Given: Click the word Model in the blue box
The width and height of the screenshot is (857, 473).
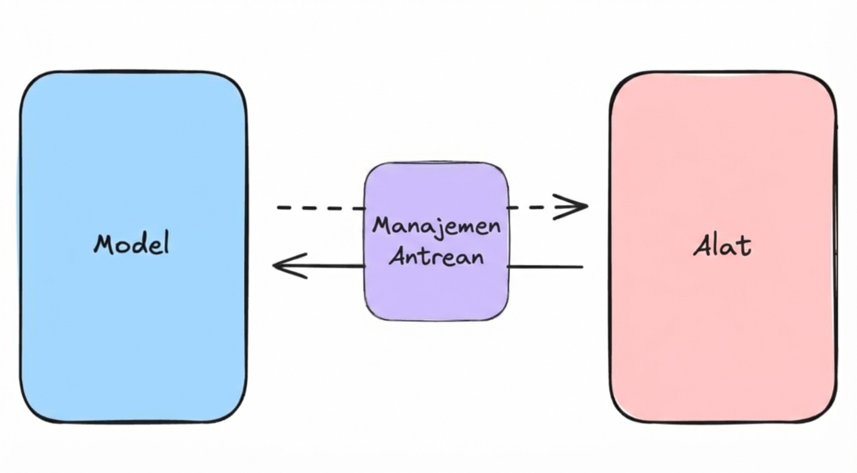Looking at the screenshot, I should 131,244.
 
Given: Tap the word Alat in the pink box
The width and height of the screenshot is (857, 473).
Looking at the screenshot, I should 722,246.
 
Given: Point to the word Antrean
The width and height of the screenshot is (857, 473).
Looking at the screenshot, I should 437,255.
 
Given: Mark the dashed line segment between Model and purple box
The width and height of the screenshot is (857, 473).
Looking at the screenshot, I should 320,208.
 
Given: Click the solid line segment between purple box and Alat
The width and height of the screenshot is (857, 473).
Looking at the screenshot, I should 545,267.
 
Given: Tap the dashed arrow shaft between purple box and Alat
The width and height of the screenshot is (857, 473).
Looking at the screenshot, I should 529,208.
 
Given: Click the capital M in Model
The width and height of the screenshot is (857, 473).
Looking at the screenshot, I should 105,245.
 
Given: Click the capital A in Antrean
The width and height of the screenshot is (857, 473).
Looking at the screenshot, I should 398,255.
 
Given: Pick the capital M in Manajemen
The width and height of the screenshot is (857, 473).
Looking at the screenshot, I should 381,227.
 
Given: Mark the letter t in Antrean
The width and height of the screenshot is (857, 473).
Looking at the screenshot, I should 428,255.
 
